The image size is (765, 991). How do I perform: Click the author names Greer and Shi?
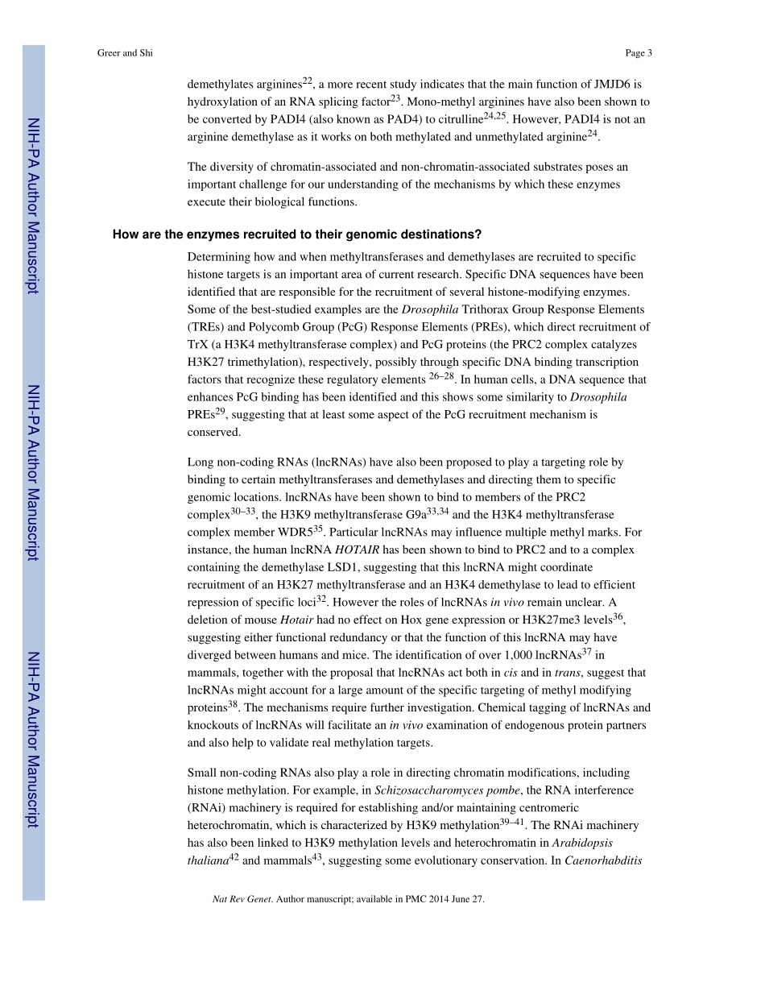click(x=124, y=53)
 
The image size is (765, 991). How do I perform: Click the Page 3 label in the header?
click(x=638, y=53)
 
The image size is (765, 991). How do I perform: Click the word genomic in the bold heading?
click(x=380, y=234)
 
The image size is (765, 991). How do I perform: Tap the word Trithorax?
click(x=490, y=309)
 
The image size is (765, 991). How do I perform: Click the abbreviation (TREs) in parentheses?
click(x=205, y=327)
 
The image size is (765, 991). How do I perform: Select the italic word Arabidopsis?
click(x=582, y=843)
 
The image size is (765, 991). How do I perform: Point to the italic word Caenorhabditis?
click(x=603, y=860)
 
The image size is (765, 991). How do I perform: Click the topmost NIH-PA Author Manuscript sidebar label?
click(x=34, y=206)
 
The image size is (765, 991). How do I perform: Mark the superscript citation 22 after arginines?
click(x=308, y=81)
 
